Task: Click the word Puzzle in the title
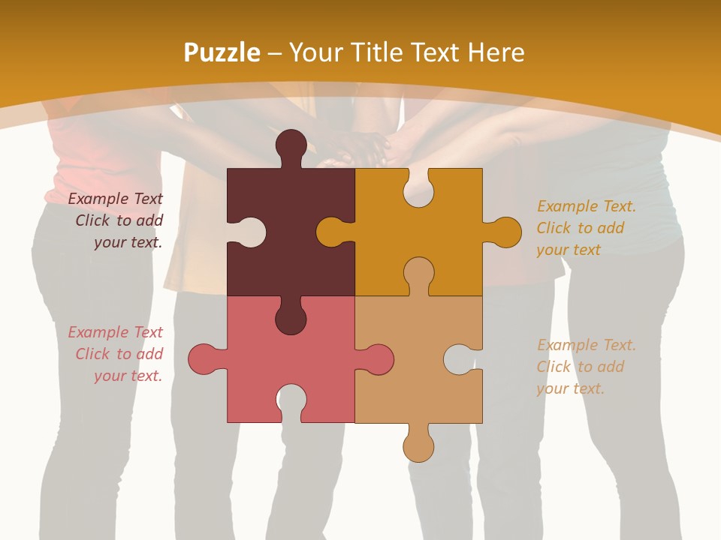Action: [x=222, y=53]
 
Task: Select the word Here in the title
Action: [x=496, y=53]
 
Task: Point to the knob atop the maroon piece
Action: [x=291, y=145]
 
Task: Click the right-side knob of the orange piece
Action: [x=505, y=232]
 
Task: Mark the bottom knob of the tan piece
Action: [x=418, y=445]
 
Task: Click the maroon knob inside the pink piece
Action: [x=291, y=318]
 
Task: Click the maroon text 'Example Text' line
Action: [x=116, y=199]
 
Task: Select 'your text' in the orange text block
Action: [x=569, y=250]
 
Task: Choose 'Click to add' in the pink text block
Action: [x=119, y=354]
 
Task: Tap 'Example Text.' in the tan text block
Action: [x=587, y=345]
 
